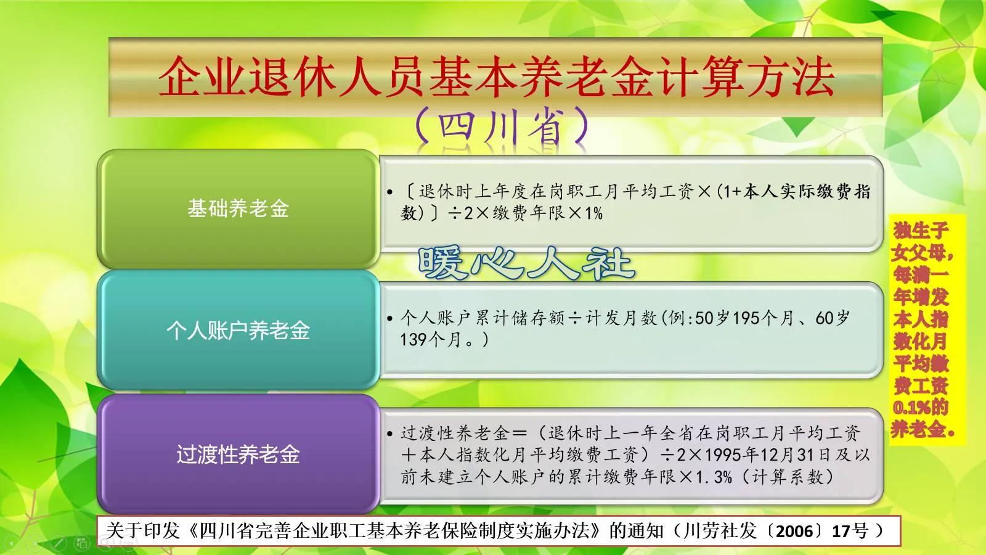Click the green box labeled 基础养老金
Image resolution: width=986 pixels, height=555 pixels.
click(x=238, y=208)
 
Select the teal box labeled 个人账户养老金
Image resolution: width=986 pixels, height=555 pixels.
click(x=238, y=331)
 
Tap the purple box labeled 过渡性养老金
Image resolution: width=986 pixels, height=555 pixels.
click(x=238, y=454)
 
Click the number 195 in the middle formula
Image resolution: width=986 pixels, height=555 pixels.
click(x=746, y=318)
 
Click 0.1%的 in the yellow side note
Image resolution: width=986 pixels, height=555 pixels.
click(x=921, y=408)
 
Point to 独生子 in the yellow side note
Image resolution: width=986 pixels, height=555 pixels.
click(x=921, y=231)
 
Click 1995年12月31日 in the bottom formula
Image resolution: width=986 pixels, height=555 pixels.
click(x=770, y=455)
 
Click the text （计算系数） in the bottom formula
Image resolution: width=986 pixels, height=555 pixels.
click(x=788, y=477)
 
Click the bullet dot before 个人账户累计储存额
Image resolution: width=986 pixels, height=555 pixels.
click(x=390, y=319)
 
